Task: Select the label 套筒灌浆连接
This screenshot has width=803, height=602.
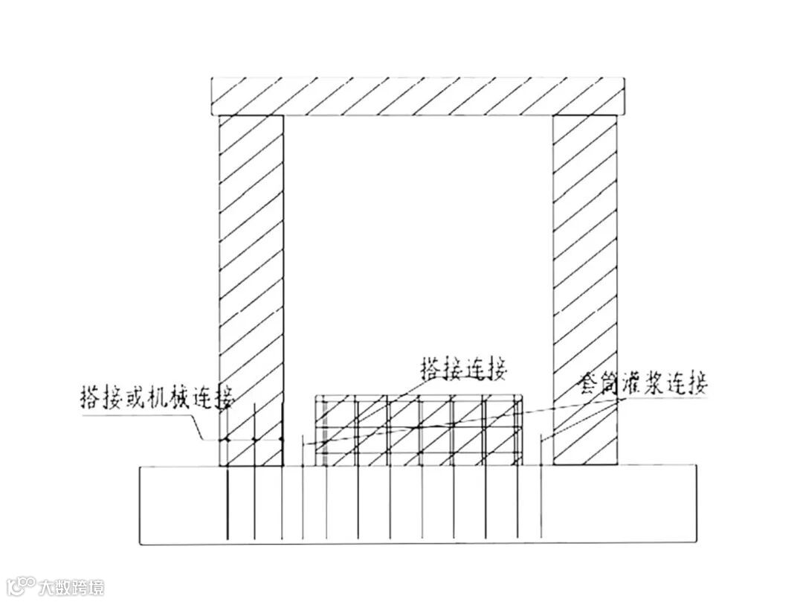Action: tap(644, 384)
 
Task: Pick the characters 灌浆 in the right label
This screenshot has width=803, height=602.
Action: tap(644, 385)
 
